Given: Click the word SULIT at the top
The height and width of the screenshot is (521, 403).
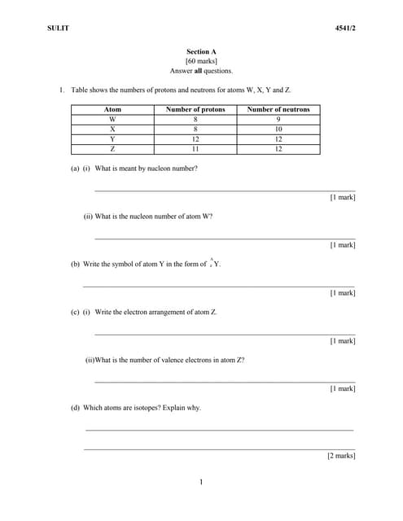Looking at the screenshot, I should pos(58,28).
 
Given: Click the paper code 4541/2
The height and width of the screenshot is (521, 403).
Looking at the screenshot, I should pos(345,28).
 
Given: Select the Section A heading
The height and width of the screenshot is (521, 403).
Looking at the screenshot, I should pos(201,51).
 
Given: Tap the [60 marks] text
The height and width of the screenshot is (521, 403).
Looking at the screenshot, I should pos(201,61).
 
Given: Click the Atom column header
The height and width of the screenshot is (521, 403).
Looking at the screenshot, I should pos(112,109).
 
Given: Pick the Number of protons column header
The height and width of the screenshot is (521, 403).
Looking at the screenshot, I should pos(195,109).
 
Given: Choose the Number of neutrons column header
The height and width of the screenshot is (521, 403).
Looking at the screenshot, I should pos(278,109).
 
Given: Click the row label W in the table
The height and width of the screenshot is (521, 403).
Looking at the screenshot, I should pos(112,119).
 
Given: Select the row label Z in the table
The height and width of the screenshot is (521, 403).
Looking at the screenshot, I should pos(112,149).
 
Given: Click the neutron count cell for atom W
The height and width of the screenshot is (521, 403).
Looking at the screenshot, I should pos(278,119).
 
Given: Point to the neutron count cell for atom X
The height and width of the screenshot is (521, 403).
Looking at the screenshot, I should pos(278,129).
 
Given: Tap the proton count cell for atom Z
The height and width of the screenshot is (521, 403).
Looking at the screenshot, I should pos(195,149).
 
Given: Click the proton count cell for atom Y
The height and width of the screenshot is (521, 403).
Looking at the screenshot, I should pos(195,139).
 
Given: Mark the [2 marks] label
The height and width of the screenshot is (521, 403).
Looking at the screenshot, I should pos(341,456).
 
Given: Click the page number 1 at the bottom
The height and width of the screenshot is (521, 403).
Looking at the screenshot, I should pos(201,483).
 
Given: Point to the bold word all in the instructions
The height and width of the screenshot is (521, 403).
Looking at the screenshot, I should pos(198,71).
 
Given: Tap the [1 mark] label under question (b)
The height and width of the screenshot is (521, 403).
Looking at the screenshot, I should pos(342,293).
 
